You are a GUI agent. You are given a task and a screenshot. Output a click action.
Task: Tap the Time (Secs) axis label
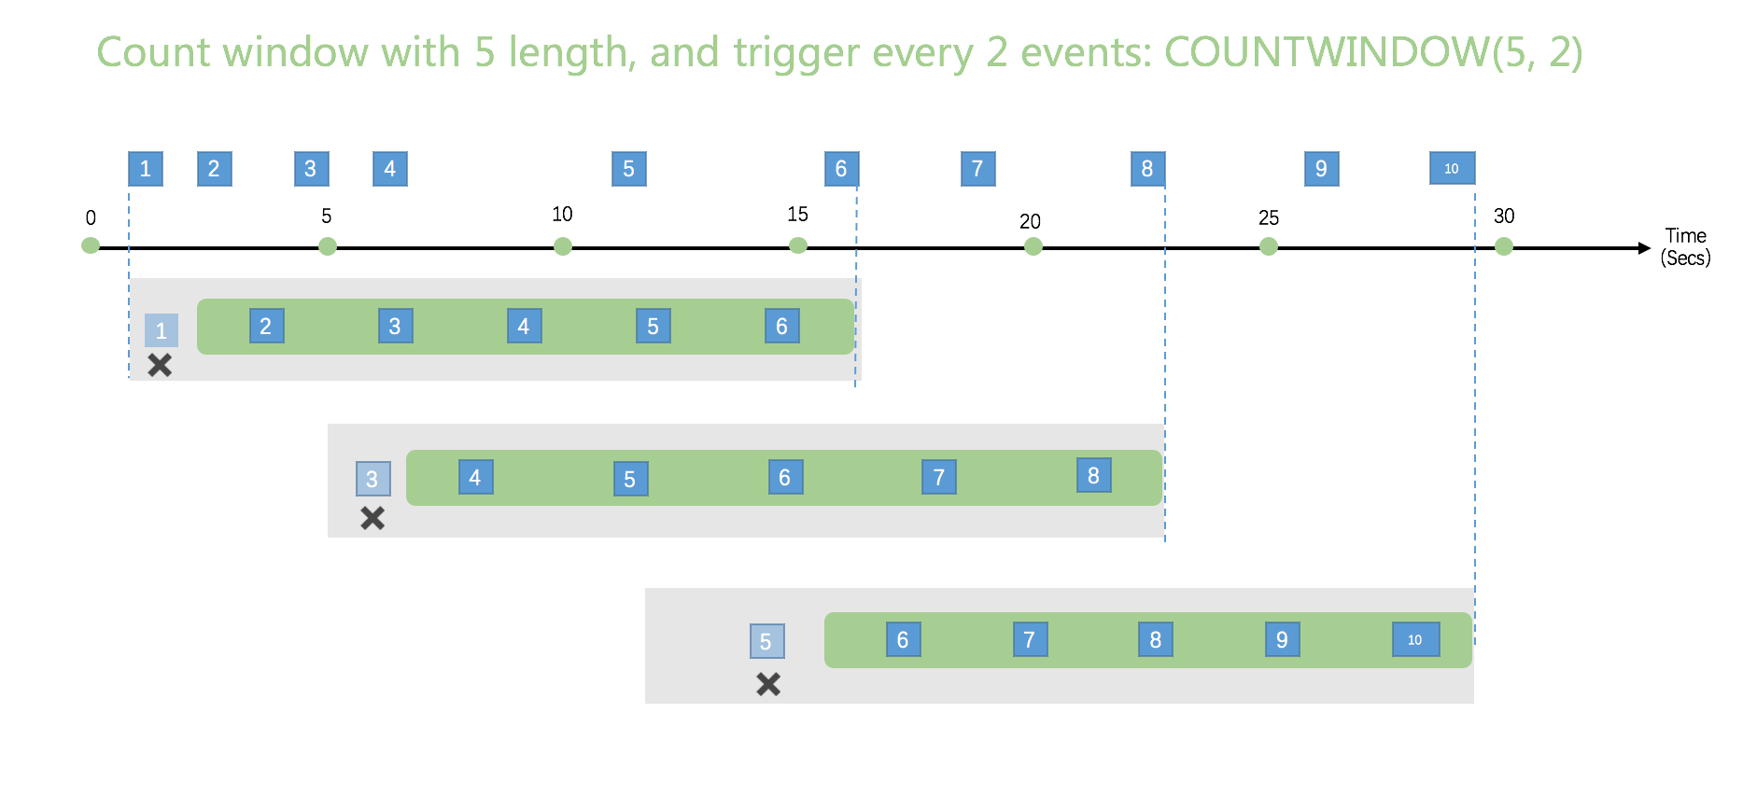pos(1685,247)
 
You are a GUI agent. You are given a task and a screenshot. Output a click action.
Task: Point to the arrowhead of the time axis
pos(1644,248)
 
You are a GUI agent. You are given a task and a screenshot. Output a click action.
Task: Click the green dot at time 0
pos(91,245)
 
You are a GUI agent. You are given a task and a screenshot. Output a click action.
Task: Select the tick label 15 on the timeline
pos(797,215)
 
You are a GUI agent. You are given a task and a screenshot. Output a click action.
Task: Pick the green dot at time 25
pos(1268,246)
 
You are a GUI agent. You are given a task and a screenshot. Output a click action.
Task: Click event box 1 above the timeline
pos(146,169)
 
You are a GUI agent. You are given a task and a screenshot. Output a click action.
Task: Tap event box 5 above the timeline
pos(628,169)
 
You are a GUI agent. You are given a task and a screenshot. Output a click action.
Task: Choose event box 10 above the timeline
pos(1452,169)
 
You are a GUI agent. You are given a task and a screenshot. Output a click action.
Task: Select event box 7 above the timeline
pos(977,169)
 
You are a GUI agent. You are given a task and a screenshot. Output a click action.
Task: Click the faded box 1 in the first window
pos(162,330)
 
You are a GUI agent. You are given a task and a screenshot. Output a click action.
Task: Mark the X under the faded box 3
pos(372,518)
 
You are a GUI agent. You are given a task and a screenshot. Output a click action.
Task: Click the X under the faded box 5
pos(768,684)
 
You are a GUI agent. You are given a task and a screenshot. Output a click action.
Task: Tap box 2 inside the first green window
pos(266,327)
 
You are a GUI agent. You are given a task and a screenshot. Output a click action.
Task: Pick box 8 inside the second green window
pos(1093,476)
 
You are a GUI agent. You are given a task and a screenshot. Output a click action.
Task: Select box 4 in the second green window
pos(475,478)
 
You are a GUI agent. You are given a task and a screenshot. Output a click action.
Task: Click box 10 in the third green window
pos(1415,640)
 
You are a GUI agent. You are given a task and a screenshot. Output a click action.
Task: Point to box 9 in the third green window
pos(1282,640)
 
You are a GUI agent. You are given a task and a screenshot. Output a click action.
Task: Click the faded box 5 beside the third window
pos(766,642)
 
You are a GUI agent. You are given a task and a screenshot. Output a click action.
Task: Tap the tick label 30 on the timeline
pos(1504,217)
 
